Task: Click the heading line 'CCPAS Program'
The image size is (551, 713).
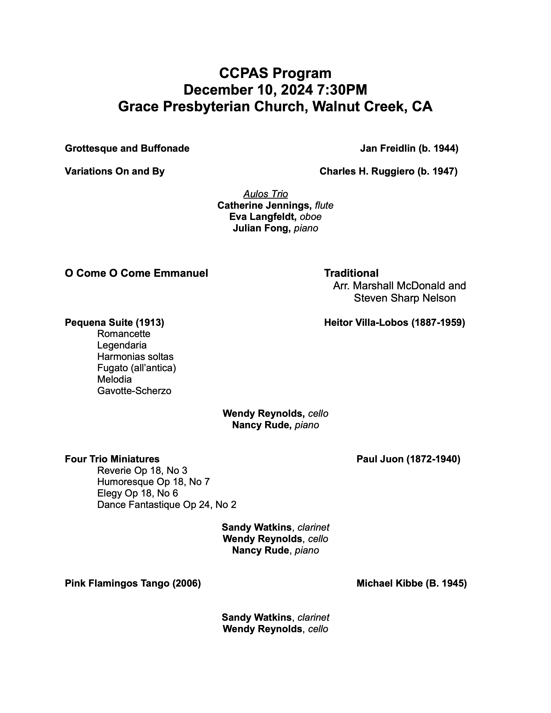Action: [x=275, y=73]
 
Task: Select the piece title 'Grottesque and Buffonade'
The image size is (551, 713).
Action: [x=127, y=149]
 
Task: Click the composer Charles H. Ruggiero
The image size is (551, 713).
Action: [x=367, y=171]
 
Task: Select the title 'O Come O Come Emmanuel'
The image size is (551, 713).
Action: [x=136, y=273]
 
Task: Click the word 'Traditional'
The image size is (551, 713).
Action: [x=351, y=273]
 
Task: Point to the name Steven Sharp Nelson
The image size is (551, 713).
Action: [x=405, y=298]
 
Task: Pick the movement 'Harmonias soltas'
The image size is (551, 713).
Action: [x=135, y=356]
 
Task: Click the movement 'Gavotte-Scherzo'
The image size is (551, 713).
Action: [x=134, y=391]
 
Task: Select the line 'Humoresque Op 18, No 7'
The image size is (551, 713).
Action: [x=153, y=482]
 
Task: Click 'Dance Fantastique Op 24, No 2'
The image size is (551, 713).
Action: [x=166, y=505]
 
